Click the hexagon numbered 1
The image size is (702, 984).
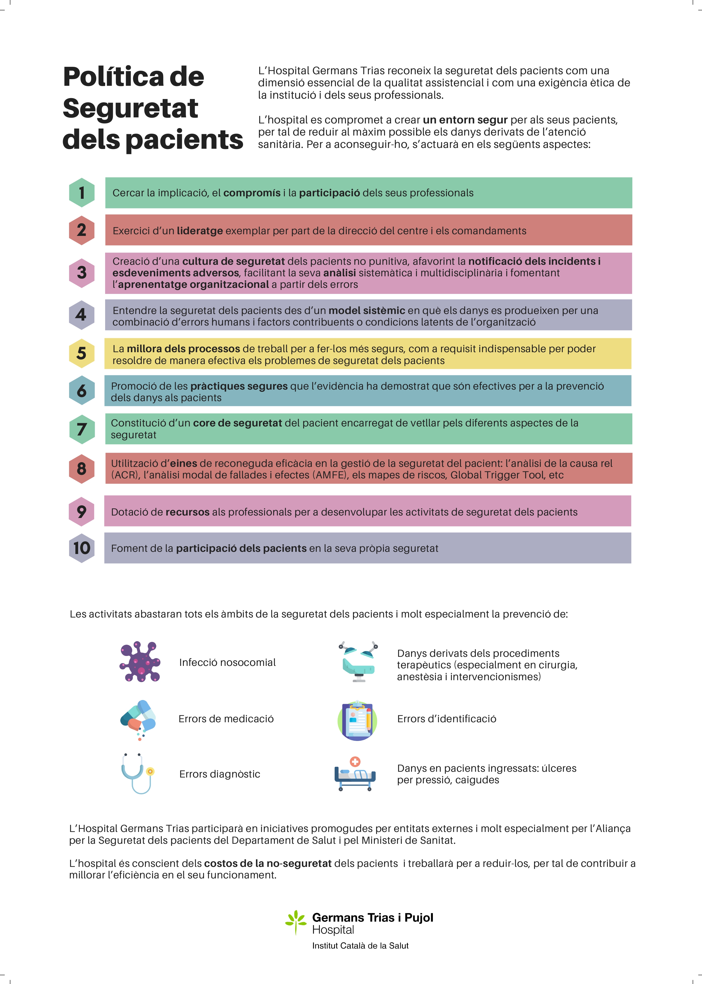tap(82, 192)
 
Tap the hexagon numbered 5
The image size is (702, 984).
tap(82, 353)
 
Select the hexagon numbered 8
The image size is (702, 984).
tap(82, 468)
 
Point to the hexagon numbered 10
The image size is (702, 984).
tap(82, 548)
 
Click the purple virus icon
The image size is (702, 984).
tap(140, 661)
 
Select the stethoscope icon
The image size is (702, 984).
tap(138, 774)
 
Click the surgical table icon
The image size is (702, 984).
tap(358, 661)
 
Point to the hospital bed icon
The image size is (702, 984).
tap(355, 774)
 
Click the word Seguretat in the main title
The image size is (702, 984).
tap(130, 108)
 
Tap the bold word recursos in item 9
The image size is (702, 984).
tap(187, 512)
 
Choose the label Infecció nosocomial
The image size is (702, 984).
tap(227, 662)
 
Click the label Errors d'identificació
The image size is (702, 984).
tap(447, 719)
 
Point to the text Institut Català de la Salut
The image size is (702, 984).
tap(360, 946)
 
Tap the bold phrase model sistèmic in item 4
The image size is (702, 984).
tap(367, 310)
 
